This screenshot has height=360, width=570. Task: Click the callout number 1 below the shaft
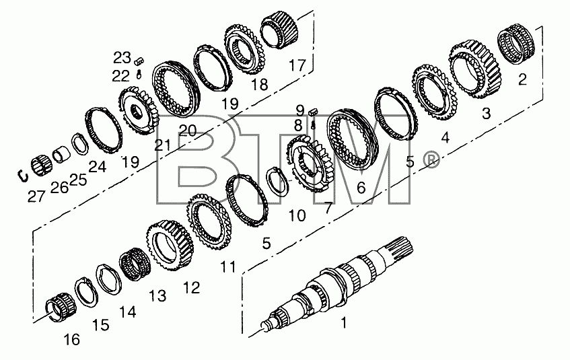click(x=343, y=322)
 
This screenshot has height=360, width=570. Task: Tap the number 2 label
click(x=522, y=79)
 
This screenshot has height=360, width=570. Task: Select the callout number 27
click(x=36, y=196)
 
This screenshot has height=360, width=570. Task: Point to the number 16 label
click(x=71, y=340)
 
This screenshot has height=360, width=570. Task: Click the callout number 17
click(x=297, y=65)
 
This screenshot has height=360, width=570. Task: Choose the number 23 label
click(x=122, y=57)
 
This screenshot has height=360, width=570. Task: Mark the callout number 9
click(x=300, y=110)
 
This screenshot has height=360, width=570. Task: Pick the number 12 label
click(x=192, y=287)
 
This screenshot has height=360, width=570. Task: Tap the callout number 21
click(x=162, y=145)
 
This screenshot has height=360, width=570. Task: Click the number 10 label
click(x=297, y=215)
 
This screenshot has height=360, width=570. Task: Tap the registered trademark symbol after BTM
click(x=431, y=160)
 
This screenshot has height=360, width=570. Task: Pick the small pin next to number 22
click(x=139, y=74)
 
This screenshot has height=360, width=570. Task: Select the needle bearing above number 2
click(x=515, y=44)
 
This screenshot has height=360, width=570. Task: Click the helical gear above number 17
click(x=280, y=30)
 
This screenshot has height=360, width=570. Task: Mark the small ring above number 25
click(x=79, y=144)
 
